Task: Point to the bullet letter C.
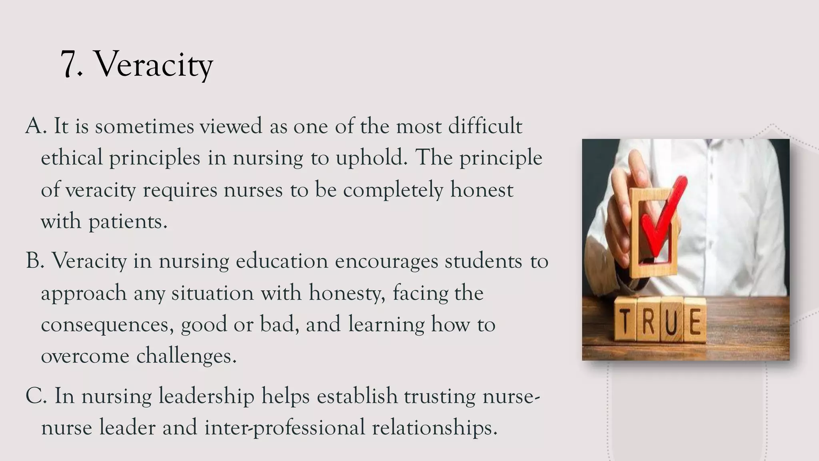(34, 396)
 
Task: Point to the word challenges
(186, 356)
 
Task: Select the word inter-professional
(285, 427)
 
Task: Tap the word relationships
(434, 427)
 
